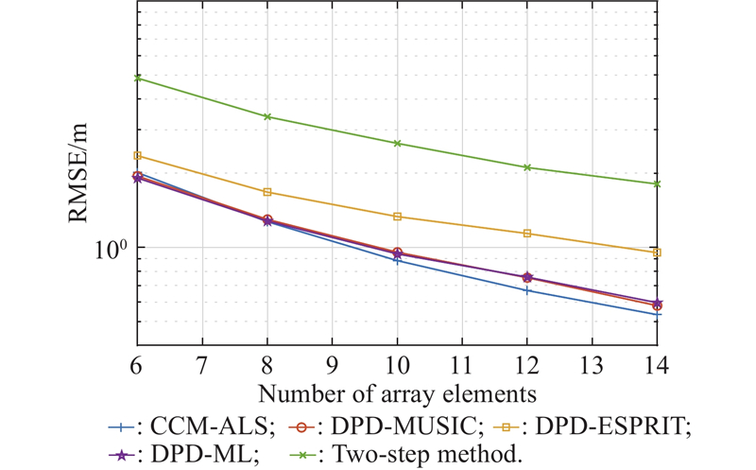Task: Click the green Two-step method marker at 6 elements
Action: pos(138,78)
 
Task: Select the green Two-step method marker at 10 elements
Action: pos(397,143)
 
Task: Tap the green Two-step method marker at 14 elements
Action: pos(657,183)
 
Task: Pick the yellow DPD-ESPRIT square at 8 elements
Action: pos(267,192)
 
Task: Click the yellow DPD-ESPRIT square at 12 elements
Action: pos(527,233)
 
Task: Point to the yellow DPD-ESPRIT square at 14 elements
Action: pos(657,252)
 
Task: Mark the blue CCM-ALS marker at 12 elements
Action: pos(527,290)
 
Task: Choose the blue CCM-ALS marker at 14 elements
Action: pos(657,314)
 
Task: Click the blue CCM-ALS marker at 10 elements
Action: pos(397,260)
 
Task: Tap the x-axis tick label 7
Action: pos(202,363)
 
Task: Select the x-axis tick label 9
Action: pos(332,363)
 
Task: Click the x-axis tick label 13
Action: pos(592,363)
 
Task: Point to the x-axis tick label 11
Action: pos(462,363)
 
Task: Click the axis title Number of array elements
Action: pos(397,391)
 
